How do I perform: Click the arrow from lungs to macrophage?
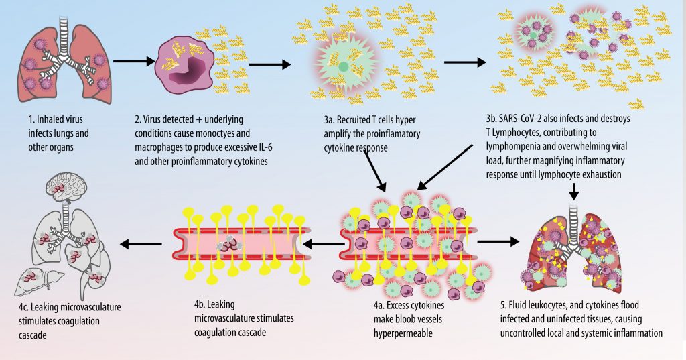(133, 62)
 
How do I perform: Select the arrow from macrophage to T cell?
(269, 65)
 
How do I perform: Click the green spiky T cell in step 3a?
(343, 67)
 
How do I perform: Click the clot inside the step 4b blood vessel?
(226, 245)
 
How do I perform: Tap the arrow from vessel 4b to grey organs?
(141, 244)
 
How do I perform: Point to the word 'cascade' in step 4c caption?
(33, 335)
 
